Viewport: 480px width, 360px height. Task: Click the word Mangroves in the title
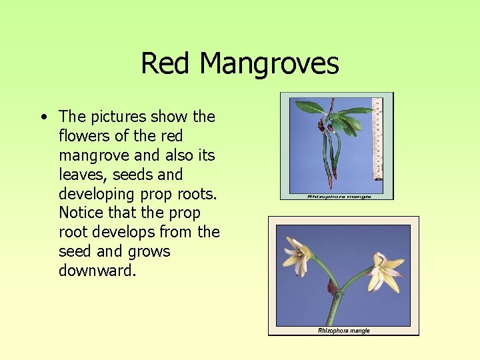click(269, 64)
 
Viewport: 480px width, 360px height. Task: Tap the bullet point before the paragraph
click(43, 117)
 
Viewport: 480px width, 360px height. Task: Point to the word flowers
click(85, 136)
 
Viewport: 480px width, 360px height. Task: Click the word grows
click(151, 251)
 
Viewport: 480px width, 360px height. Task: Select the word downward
click(97, 271)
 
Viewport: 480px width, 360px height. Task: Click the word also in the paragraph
click(179, 155)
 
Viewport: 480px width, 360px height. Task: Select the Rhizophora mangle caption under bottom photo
click(343, 331)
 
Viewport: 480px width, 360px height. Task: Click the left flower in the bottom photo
click(297, 255)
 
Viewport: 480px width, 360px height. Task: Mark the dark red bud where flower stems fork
click(331, 287)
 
